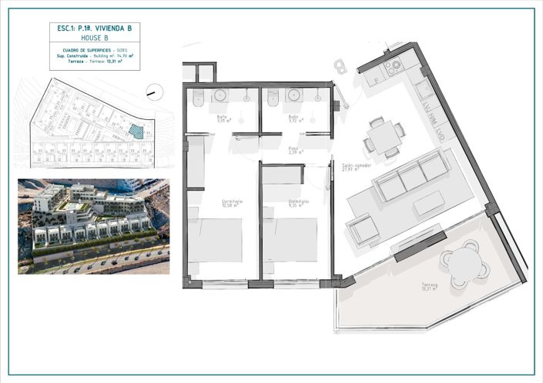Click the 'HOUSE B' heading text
tap(95, 37)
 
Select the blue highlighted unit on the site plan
tap(136, 132)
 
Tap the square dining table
tap(383, 138)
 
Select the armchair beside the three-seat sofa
tap(364, 228)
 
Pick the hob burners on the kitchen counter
tap(394, 67)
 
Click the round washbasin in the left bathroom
tap(221, 96)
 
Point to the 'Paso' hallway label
tap(293, 150)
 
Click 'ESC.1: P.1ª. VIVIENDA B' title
tap(95, 28)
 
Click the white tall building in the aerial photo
tap(129, 184)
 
